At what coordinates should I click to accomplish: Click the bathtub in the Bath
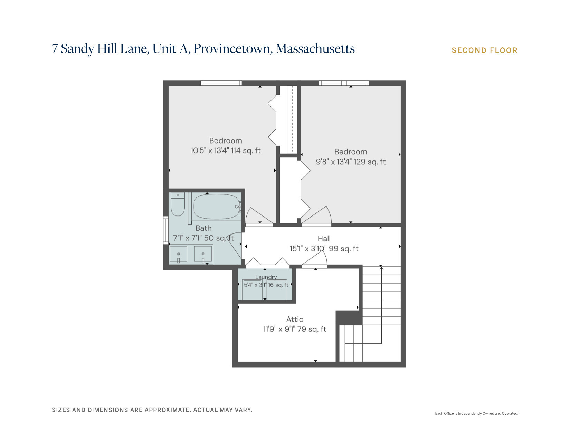click(x=216, y=206)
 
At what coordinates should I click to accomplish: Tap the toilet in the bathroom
click(x=178, y=204)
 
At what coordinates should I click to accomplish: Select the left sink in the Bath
click(x=178, y=254)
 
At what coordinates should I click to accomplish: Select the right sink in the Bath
click(x=203, y=254)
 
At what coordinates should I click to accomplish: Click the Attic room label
click(x=295, y=319)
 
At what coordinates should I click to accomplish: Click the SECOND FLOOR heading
click(x=484, y=50)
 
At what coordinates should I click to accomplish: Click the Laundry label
click(x=266, y=277)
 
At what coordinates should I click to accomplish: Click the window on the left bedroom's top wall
click(x=221, y=83)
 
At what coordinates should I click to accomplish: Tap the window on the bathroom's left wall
click(x=166, y=230)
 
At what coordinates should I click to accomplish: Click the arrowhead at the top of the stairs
click(x=381, y=268)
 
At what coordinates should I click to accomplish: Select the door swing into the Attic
click(x=314, y=259)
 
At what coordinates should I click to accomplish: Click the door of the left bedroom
click(x=259, y=217)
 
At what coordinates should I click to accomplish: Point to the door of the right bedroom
click(x=316, y=216)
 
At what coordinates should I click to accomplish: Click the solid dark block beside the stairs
click(x=349, y=318)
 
